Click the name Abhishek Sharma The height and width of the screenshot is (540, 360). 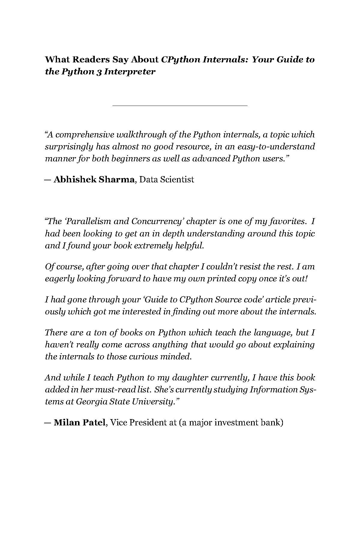point(94,179)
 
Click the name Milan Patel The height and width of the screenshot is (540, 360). point(79,423)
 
